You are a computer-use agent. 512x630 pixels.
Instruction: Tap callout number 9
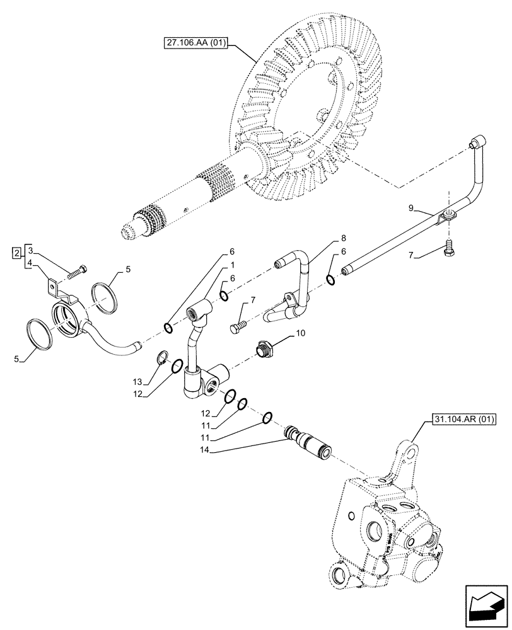[410, 207]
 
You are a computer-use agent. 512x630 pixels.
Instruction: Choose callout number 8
[344, 238]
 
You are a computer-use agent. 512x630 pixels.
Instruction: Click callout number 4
[30, 265]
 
